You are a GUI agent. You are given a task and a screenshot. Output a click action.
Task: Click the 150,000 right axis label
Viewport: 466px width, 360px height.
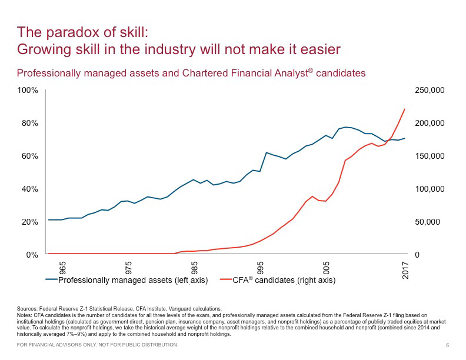tap(430, 156)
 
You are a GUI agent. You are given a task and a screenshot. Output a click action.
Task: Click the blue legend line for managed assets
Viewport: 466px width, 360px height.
tap(51, 280)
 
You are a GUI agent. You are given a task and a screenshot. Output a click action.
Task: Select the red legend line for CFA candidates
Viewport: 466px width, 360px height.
tap(226, 280)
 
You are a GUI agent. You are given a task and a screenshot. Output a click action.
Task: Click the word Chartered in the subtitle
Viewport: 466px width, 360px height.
tap(224, 73)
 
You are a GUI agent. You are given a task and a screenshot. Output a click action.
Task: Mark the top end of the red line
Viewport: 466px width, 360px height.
tap(405, 109)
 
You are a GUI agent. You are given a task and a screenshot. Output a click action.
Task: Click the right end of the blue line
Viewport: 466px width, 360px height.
tap(405, 138)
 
